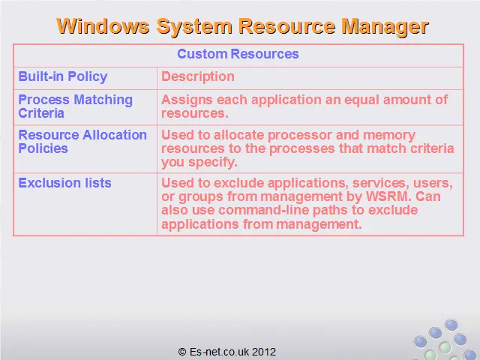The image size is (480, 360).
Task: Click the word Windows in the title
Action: point(103,26)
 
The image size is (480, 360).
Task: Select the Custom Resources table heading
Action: point(238,54)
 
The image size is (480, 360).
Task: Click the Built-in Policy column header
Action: point(63,76)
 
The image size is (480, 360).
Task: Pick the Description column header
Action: point(198,76)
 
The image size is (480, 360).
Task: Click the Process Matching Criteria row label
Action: point(75,106)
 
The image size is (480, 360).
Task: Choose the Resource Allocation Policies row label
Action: point(82,142)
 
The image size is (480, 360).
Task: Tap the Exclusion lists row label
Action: point(64,183)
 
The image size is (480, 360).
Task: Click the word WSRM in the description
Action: point(388,196)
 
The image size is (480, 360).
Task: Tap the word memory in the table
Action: point(389,136)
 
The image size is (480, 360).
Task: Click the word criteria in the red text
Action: point(432,148)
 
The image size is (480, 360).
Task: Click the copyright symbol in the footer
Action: point(182,352)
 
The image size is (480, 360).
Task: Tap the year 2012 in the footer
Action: point(264,352)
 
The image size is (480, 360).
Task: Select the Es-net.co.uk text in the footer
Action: point(220,352)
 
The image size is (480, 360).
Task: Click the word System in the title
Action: point(194,27)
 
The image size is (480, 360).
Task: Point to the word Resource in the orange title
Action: point(286,26)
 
